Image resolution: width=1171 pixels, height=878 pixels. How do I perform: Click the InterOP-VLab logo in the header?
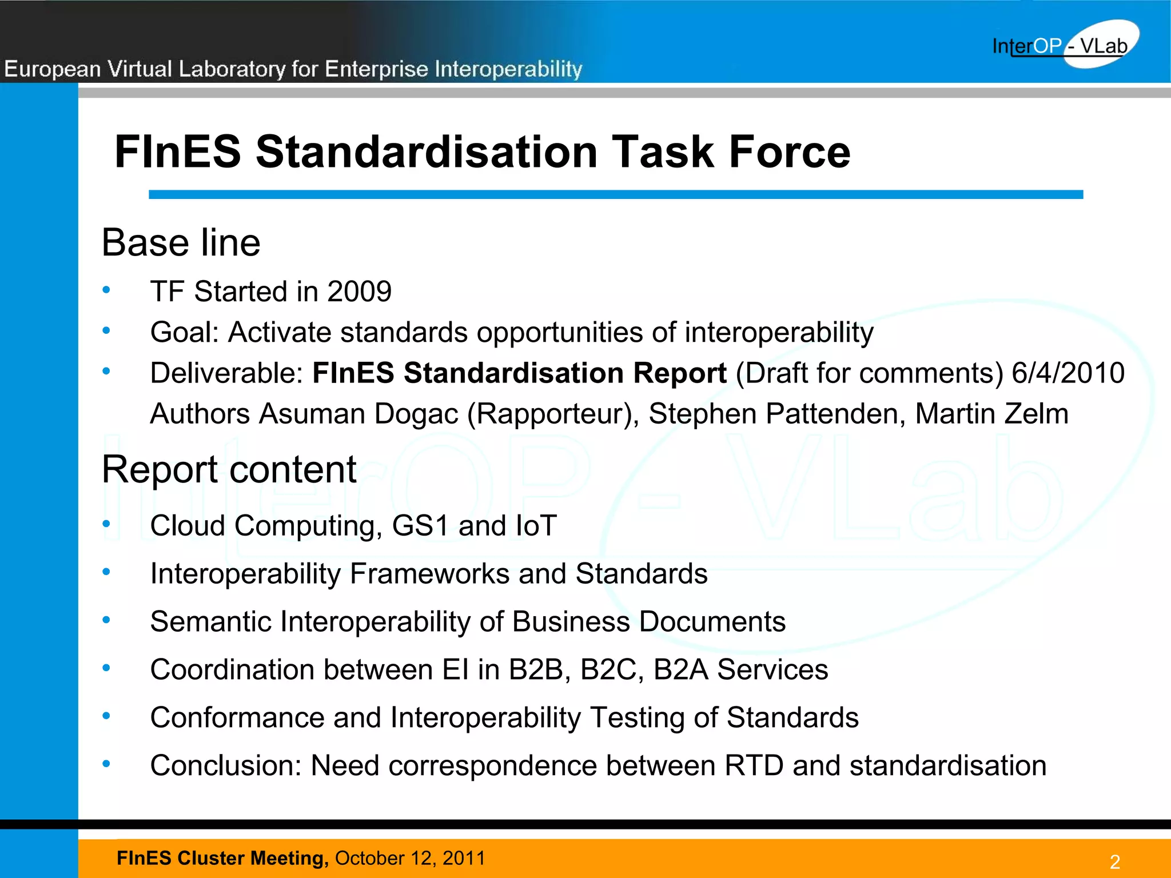coord(1064,45)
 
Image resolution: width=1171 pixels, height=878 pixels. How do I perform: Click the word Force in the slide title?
coord(789,152)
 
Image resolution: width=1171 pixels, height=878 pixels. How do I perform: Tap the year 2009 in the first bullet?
coord(359,292)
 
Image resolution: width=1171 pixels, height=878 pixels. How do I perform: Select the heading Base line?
coord(181,242)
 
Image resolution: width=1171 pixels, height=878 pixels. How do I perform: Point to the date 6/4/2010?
coord(1068,373)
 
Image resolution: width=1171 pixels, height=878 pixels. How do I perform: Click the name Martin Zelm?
coord(991,414)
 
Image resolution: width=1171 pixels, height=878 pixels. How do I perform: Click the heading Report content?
coord(229,469)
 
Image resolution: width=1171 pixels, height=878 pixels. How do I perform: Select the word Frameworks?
coord(429,574)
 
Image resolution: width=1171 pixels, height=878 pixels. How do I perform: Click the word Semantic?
coord(210,622)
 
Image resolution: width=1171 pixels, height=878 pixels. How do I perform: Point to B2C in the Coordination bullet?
coord(608,670)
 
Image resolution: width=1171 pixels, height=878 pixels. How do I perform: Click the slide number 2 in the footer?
coord(1114,862)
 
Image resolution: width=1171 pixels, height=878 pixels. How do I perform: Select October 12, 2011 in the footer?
coord(410,858)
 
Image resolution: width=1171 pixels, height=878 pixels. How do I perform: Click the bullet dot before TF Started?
coord(106,290)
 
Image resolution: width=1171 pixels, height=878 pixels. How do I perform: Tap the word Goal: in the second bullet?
coord(184,333)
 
